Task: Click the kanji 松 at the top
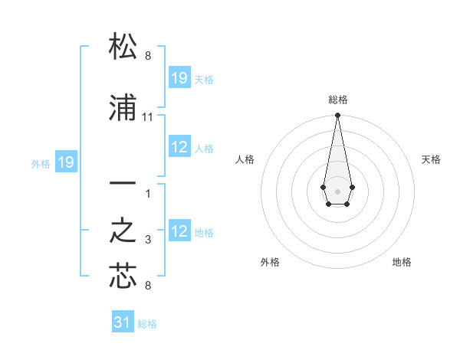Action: point(123,47)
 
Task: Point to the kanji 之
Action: point(123,230)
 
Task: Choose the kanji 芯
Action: point(123,276)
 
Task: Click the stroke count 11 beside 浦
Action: point(148,116)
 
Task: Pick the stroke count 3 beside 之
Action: point(148,240)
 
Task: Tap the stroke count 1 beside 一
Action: point(148,194)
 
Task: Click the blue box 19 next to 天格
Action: point(179,79)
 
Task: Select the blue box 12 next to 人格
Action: point(179,148)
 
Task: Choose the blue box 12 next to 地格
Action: point(179,232)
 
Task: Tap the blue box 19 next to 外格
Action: point(65,162)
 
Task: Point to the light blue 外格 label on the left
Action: point(41,163)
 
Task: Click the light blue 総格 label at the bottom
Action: point(147,324)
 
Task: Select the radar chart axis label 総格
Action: point(337,100)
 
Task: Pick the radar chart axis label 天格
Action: point(431,159)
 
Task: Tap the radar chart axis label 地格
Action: point(402,262)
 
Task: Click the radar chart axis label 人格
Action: point(245,159)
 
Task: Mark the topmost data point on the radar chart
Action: point(337,116)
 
